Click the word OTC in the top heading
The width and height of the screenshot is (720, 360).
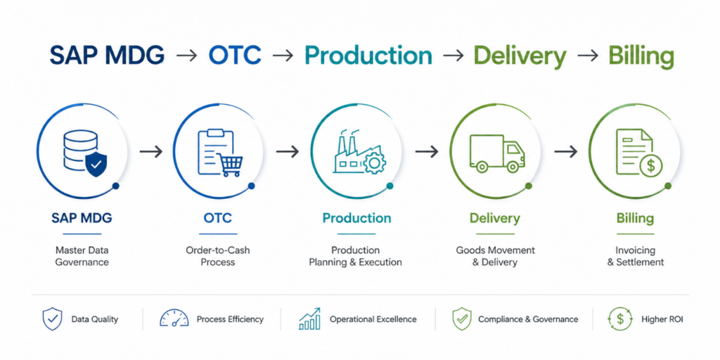pyautogui.click(x=235, y=56)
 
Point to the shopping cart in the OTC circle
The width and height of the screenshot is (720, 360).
pyautogui.click(x=230, y=165)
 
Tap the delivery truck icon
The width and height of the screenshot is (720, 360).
pyautogui.click(x=496, y=154)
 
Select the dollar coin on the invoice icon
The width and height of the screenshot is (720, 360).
pyautogui.click(x=650, y=165)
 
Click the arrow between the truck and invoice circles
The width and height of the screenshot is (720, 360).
pyautogui.click(x=565, y=152)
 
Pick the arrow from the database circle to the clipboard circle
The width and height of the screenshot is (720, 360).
pyautogui.click(x=151, y=152)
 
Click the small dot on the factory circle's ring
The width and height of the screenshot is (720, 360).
pyautogui.click(x=390, y=186)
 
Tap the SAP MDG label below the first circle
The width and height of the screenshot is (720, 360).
pyautogui.click(x=82, y=218)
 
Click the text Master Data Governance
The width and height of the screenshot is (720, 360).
pyautogui.click(x=82, y=256)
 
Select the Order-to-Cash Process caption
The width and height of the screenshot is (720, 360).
pyautogui.click(x=218, y=256)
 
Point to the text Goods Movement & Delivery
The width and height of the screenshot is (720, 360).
pyautogui.click(x=495, y=256)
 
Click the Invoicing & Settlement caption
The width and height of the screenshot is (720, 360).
pyautogui.click(x=636, y=256)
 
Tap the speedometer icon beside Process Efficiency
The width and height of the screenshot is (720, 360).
pyautogui.click(x=174, y=319)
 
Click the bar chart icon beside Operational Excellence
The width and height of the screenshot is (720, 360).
pyautogui.click(x=310, y=319)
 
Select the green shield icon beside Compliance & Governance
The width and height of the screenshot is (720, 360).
pyautogui.click(x=462, y=319)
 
